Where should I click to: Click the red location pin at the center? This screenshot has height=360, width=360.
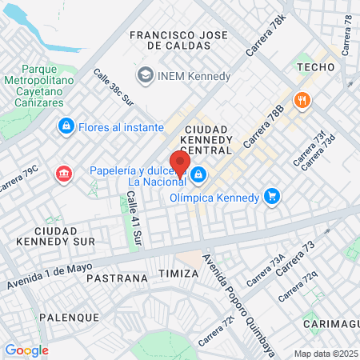click(x=180, y=162)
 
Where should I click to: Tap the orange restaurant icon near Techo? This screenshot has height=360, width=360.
click(x=302, y=100)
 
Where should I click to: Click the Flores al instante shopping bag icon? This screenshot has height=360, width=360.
click(x=66, y=126)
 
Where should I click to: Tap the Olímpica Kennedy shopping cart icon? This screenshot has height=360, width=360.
click(x=272, y=196)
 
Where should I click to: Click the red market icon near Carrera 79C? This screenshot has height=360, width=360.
click(x=62, y=174)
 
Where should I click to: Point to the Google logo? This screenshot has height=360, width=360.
click(x=26, y=350)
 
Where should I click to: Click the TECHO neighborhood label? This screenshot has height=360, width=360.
click(x=314, y=68)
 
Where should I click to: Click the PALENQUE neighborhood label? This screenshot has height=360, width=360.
click(x=70, y=318)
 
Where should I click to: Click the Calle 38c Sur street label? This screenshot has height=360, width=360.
click(x=113, y=86)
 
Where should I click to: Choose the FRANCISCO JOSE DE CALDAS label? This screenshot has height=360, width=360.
click(x=178, y=40)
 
